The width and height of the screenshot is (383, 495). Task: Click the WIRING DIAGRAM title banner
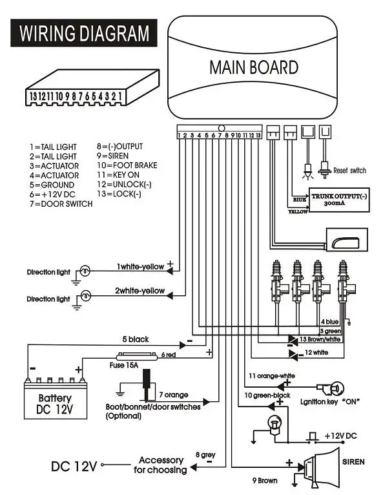tap(83, 33)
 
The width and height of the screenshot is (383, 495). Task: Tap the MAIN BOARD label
tap(254, 67)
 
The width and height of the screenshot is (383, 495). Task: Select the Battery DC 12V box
tap(56, 400)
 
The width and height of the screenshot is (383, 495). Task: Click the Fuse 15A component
tap(137, 357)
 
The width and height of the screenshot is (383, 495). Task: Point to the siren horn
tap(322, 467)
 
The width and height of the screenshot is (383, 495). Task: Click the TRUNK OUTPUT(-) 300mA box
tap(339, 200)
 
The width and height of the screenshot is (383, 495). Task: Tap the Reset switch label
tap(349, 171)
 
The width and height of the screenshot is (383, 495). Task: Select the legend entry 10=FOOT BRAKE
tap(127, 165)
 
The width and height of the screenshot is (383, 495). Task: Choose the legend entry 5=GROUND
tap(52, 185)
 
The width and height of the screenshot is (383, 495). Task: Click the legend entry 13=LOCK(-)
tap(119, 193)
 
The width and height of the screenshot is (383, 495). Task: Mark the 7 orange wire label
tap(174, 395)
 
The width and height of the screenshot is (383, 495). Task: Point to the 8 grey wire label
tap(205, 455)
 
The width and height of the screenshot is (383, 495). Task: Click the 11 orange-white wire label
tap(272, 375)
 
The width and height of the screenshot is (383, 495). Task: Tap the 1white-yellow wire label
tap(140, 267)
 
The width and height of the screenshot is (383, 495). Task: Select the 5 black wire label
tap(136, 339)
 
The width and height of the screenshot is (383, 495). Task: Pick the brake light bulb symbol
tap(274, 425)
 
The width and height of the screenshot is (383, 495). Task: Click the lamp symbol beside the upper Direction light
tap(85, 271)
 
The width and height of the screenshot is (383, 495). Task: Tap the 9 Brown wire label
tap(265, 481)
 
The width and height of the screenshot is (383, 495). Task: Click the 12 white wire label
tap(316, 352)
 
